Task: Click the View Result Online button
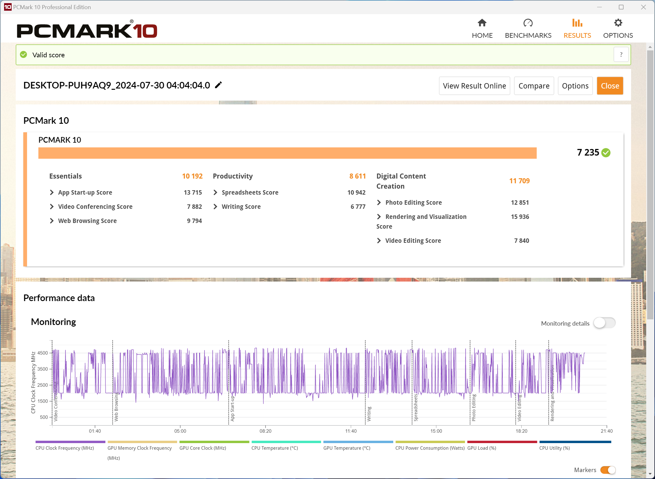pos(474,86)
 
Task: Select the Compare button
pos(534,86)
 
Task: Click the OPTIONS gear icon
pos(618,23)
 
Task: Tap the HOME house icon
pos(482,23)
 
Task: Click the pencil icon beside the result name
pos(218,85)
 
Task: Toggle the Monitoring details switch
pos(604,323)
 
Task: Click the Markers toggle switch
pos(608,470)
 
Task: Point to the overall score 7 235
pos(588,152)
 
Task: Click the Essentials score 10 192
pos(192,176)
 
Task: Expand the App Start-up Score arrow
pos(52,192)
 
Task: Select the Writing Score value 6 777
pos(358,207)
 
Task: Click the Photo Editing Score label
pos(413,202)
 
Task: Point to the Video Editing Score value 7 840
pos(522,241)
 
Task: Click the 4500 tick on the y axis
pos(43,353)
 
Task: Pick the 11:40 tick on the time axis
pos(351,431)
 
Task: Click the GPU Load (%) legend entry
pos(482,448)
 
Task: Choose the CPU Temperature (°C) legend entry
pos(275,448)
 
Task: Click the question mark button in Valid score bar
pos(621,55)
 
